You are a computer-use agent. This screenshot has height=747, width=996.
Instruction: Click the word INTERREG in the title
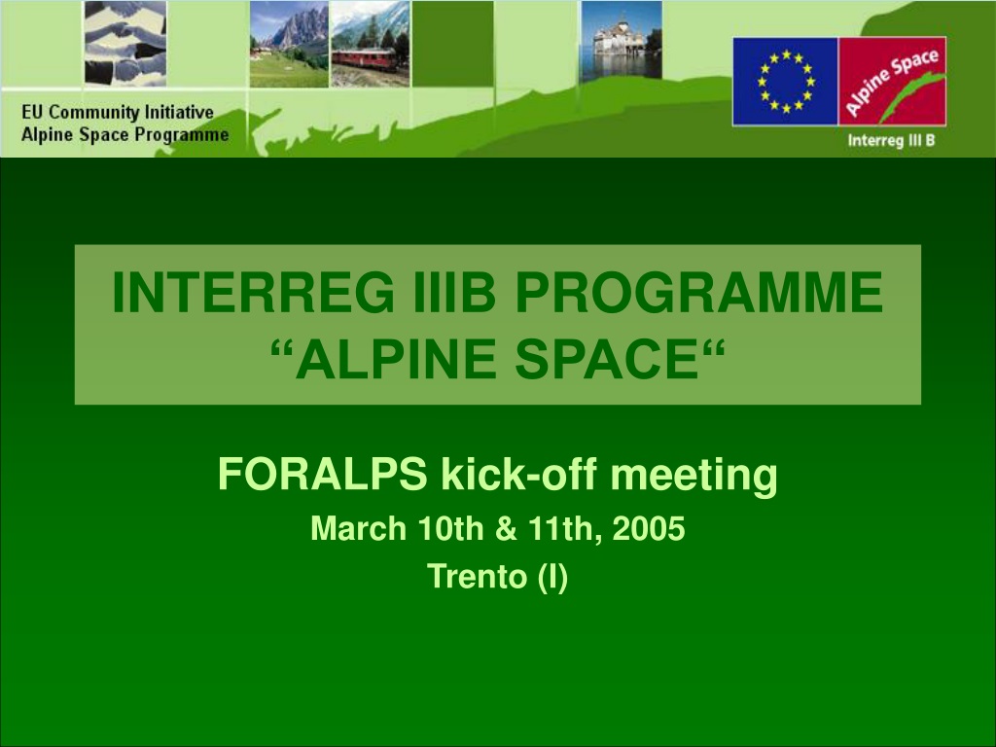coord(253,292)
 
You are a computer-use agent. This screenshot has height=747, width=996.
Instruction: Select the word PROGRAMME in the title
coord(698,292)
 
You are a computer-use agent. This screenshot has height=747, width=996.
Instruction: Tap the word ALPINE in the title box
coord(395,359)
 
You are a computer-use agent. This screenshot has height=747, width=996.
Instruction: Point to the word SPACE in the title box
coord(607,359)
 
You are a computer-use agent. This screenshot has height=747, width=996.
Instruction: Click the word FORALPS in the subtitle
coord(323,474)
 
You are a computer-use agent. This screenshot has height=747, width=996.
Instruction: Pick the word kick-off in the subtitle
coord(519,474)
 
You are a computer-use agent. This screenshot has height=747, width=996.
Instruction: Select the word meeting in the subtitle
coord(694,476)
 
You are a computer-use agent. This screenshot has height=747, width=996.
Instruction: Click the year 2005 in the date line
coord(649,528)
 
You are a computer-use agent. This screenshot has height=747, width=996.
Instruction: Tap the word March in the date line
coord(358,528)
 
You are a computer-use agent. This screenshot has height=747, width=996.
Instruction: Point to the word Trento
coord(477,577)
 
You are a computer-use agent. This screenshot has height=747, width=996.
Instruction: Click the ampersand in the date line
coord(506,528)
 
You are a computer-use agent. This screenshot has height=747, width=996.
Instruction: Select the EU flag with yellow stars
coord(786,82)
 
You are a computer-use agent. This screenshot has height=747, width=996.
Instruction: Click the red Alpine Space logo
coord(893,82)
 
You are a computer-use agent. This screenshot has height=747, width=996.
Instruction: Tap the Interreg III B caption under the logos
coord(891,140)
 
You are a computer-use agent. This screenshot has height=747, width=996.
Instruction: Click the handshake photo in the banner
coord(125,43)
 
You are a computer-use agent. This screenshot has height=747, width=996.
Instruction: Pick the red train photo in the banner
coord(370,44)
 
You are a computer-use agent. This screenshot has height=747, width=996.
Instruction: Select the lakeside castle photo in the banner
coord(622,41)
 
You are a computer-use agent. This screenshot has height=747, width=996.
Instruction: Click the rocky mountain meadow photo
coord(289,44)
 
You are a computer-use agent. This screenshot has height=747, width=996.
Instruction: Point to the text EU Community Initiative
coord(118,113)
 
